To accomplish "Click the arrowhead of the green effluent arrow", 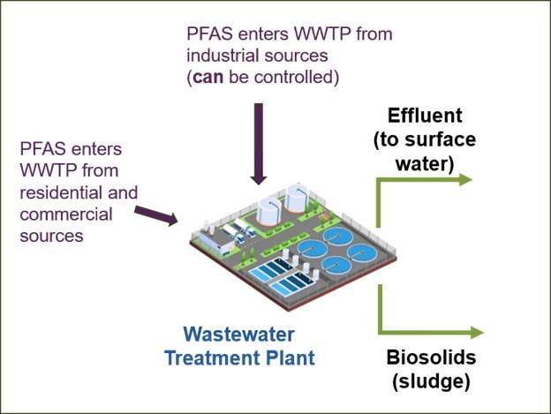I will click(x=466, y=179).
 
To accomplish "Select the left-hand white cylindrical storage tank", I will click(x=269, y=213).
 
